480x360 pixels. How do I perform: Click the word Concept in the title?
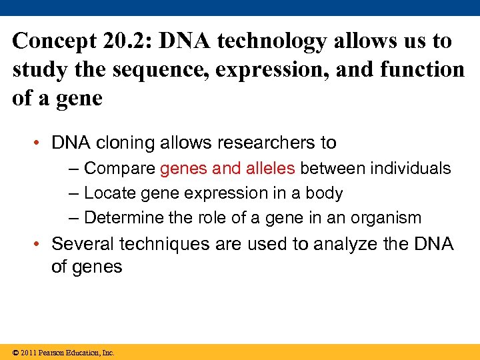coord(54,41)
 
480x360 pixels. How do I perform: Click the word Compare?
coord(120,169)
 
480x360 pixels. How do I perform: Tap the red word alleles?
coord(270,169)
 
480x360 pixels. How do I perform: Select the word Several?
coord(77,244)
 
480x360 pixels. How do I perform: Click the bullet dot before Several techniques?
coord(40,245)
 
